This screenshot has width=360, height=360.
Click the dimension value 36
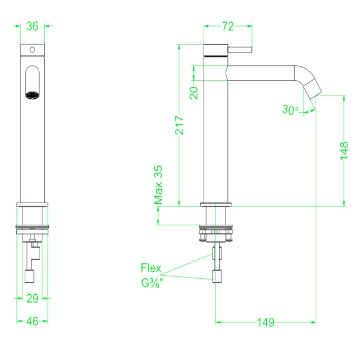tap(32, 27)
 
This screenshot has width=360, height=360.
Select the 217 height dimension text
tap(179, 124)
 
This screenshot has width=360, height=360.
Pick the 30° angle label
tap(290, 110)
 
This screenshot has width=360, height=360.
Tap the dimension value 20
tap(194, 93)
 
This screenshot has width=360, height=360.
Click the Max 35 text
tap(159, 185)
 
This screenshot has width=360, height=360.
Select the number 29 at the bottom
tap(32, 297)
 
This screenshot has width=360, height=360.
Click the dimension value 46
tap(32, 321)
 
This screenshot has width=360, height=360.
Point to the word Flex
tap(151, 268)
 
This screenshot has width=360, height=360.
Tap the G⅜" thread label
tap(151, 282)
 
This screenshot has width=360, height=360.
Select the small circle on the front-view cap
tap(32, 50)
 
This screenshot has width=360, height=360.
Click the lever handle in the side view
tap(240, 50)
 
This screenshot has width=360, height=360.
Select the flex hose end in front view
tap(29, 277)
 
